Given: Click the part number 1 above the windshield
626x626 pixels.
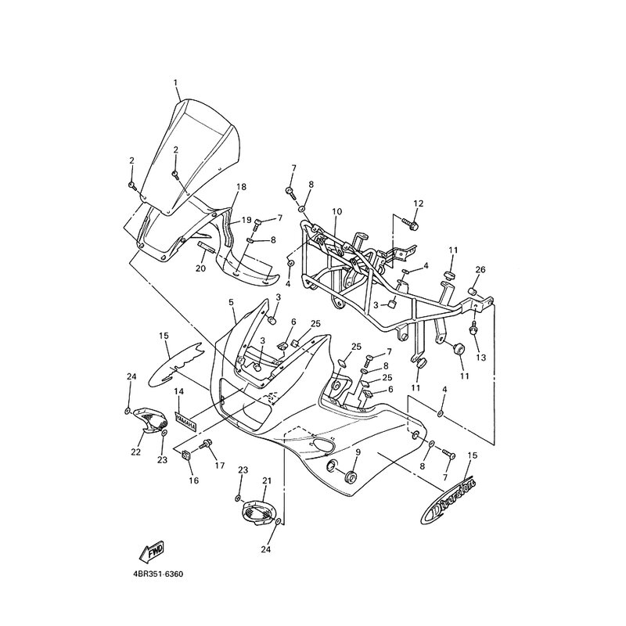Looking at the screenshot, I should (x=176, y=82).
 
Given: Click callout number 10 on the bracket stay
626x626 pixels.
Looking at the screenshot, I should (x=337, y=211).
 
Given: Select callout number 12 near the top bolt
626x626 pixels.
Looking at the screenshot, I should (x=418, y=203).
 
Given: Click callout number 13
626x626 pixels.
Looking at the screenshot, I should (x=480, y=357).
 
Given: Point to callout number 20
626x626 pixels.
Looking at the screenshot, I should (x=200, y=268).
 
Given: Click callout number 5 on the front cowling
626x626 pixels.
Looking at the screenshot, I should (x=232, y=301).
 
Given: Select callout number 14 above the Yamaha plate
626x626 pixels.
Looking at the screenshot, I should (x=178, y=390).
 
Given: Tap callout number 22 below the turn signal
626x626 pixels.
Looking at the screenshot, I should (x=135, y=452).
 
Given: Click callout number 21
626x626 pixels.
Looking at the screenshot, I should (x=266, y=480).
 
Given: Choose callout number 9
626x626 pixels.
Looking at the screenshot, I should (x=358, y=452).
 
